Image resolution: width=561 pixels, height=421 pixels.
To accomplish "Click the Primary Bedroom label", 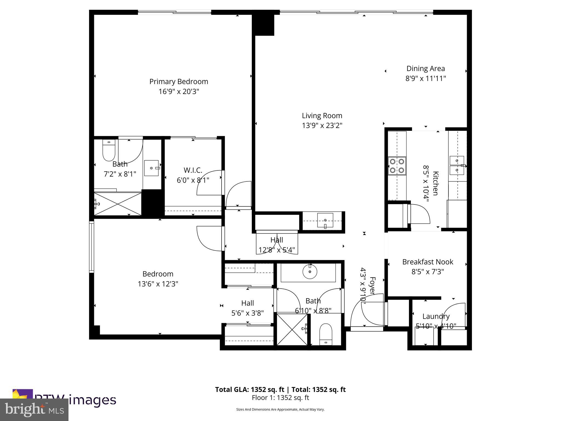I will coord(179,82).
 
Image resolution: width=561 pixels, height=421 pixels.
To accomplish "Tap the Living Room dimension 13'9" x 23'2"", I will coord(322,126).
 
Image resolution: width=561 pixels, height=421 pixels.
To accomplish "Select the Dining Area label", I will coord(425,69).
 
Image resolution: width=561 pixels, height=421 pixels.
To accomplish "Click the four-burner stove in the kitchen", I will coord(397,166).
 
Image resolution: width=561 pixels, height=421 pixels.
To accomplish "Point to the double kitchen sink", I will coord(457,165).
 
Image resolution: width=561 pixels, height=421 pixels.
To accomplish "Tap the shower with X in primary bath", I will coord(118,204).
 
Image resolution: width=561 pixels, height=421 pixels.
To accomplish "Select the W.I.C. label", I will coord(193,170).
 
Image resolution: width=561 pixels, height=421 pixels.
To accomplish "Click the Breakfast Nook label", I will coord(428,262).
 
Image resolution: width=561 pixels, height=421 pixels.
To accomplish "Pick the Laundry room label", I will coord(436,316).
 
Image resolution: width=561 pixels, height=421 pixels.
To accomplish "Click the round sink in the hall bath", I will coord(310,272).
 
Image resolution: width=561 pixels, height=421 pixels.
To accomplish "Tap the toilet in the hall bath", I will coord(326,334).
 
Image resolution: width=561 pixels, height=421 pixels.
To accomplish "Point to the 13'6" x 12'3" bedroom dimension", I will coord(158,284).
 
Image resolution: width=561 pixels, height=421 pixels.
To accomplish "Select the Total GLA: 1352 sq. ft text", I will coord(250,389).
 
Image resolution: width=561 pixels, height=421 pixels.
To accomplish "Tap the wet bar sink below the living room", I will coord(325,221).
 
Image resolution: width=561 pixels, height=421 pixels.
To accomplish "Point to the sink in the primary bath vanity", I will coord(151,168).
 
